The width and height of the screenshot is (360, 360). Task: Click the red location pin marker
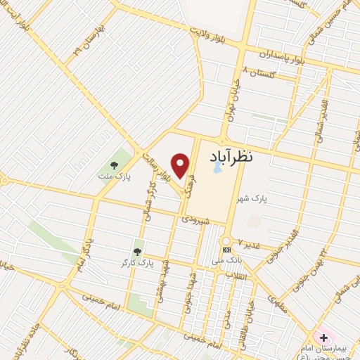click(181, 165)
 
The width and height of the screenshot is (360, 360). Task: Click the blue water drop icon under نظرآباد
click(217, 169)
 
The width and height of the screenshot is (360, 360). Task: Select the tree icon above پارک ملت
click(115, 165)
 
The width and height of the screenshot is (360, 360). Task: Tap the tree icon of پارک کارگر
click(137, 250)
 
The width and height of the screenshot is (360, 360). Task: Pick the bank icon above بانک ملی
click(226, 250)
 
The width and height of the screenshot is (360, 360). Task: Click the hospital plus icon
click(323, 338)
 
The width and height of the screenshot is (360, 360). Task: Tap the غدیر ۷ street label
click(249, 243)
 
